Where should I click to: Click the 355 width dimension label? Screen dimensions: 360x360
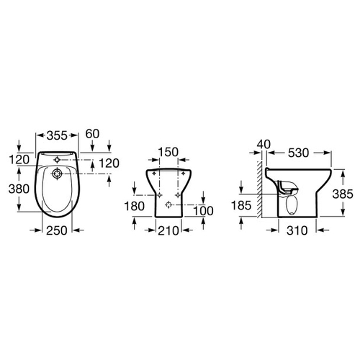click(57, 135)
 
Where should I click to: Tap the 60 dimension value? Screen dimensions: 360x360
click(92, 134)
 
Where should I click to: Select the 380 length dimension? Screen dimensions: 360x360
click(19, 189)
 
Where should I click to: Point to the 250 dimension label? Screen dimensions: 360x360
click(57, 230)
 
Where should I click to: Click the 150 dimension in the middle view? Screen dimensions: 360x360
click(168, 152)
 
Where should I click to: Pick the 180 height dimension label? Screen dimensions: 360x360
click(135, 206)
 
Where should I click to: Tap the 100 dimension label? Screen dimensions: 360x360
click(203, 211)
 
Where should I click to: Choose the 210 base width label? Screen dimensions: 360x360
click(168, 230)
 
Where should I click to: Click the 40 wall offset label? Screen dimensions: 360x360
click(264, 145)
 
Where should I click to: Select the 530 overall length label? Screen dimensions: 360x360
click(298, 153)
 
